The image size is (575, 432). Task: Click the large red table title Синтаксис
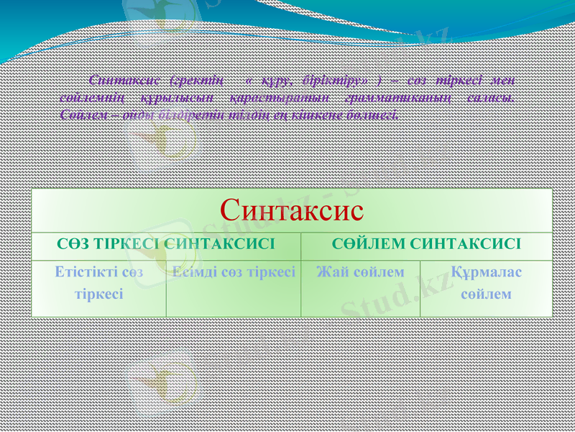[292, 210]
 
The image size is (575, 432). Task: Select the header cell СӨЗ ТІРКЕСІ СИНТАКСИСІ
[166, 245]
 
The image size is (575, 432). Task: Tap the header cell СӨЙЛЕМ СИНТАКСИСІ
[426, 245]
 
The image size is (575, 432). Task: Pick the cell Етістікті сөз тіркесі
[99, 282]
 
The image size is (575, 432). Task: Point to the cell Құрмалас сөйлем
[486, 282]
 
